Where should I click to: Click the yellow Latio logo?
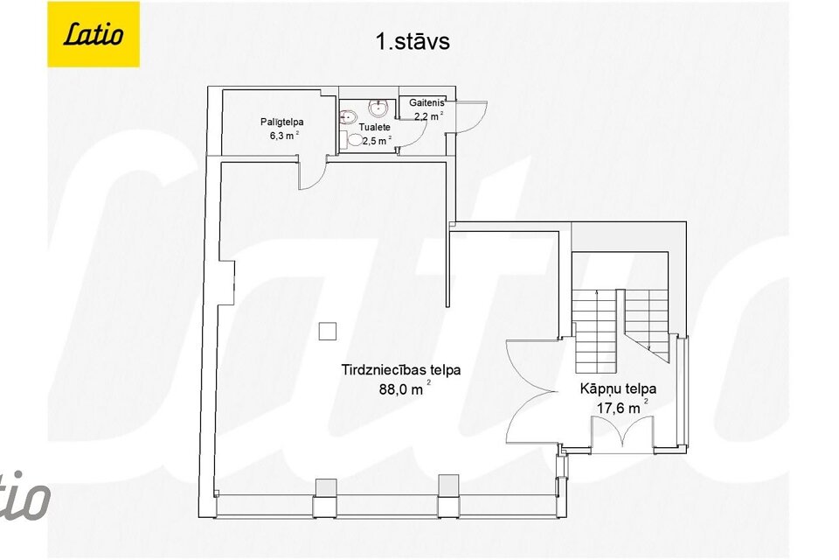point(93,34)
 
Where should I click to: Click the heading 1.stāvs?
point(413,41)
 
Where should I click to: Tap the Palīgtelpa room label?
point(281,122)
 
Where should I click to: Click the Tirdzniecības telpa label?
point(401,369)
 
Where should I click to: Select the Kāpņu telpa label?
point(618,388)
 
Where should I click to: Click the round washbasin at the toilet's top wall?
point(378,108)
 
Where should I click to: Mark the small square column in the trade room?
point(328,331)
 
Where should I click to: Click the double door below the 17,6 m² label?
point(621,432)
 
